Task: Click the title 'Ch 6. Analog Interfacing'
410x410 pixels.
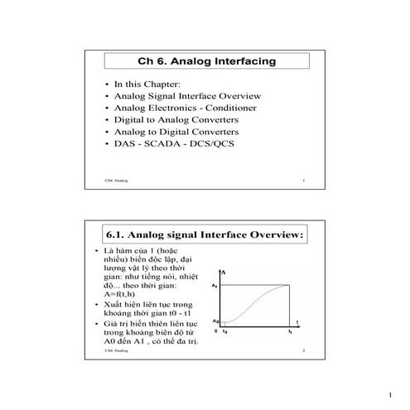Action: (205, 61)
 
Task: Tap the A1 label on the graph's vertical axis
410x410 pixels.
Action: (215, 286)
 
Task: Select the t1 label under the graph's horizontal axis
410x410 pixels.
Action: (290, 331)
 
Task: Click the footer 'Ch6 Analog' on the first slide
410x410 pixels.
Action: (117, 180)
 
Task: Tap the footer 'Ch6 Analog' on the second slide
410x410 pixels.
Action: (117, 352)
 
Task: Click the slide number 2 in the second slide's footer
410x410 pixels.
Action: (304, 352)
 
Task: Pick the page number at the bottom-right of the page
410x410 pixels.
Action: (388, 395)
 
